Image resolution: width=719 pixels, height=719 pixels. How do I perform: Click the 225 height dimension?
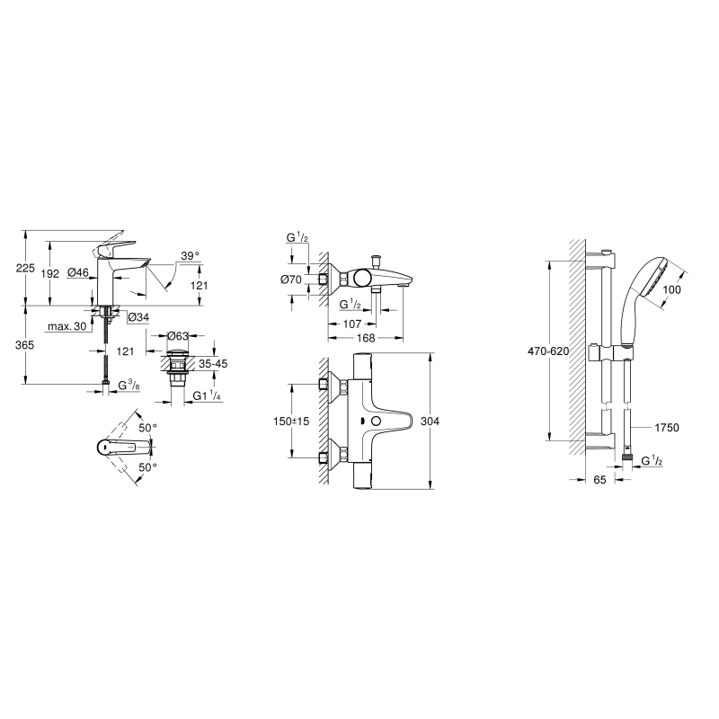[25, 268]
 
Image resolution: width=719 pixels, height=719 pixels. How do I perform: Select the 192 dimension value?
[50, 274]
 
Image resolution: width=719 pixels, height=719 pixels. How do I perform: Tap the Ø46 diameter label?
[78, 273]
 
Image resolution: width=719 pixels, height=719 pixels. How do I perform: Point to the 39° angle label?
[190, 256]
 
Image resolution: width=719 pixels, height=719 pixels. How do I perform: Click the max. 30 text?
[67, 326]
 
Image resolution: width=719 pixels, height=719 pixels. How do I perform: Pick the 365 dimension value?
[25, 344]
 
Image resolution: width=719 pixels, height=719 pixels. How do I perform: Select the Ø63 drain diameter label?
[178, 336]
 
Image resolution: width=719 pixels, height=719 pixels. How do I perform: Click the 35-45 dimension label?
[212, 364]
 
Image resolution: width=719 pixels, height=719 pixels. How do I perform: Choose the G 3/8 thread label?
[129, 386]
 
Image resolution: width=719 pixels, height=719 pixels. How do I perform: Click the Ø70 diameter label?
[290, 279]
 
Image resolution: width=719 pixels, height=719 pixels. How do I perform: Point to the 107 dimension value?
[352, 324]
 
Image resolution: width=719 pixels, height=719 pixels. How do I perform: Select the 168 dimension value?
[366, 338]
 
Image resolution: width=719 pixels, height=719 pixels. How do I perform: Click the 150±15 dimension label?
[291, 421]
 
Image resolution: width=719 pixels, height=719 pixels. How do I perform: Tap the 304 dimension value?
[430, 421]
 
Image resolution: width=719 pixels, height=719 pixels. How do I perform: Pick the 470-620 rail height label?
[548, 351]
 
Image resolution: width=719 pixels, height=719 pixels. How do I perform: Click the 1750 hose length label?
[666, 428]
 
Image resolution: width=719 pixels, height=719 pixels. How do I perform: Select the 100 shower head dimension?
[671, 289]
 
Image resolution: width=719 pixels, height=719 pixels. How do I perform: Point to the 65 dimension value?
[599, 480]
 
